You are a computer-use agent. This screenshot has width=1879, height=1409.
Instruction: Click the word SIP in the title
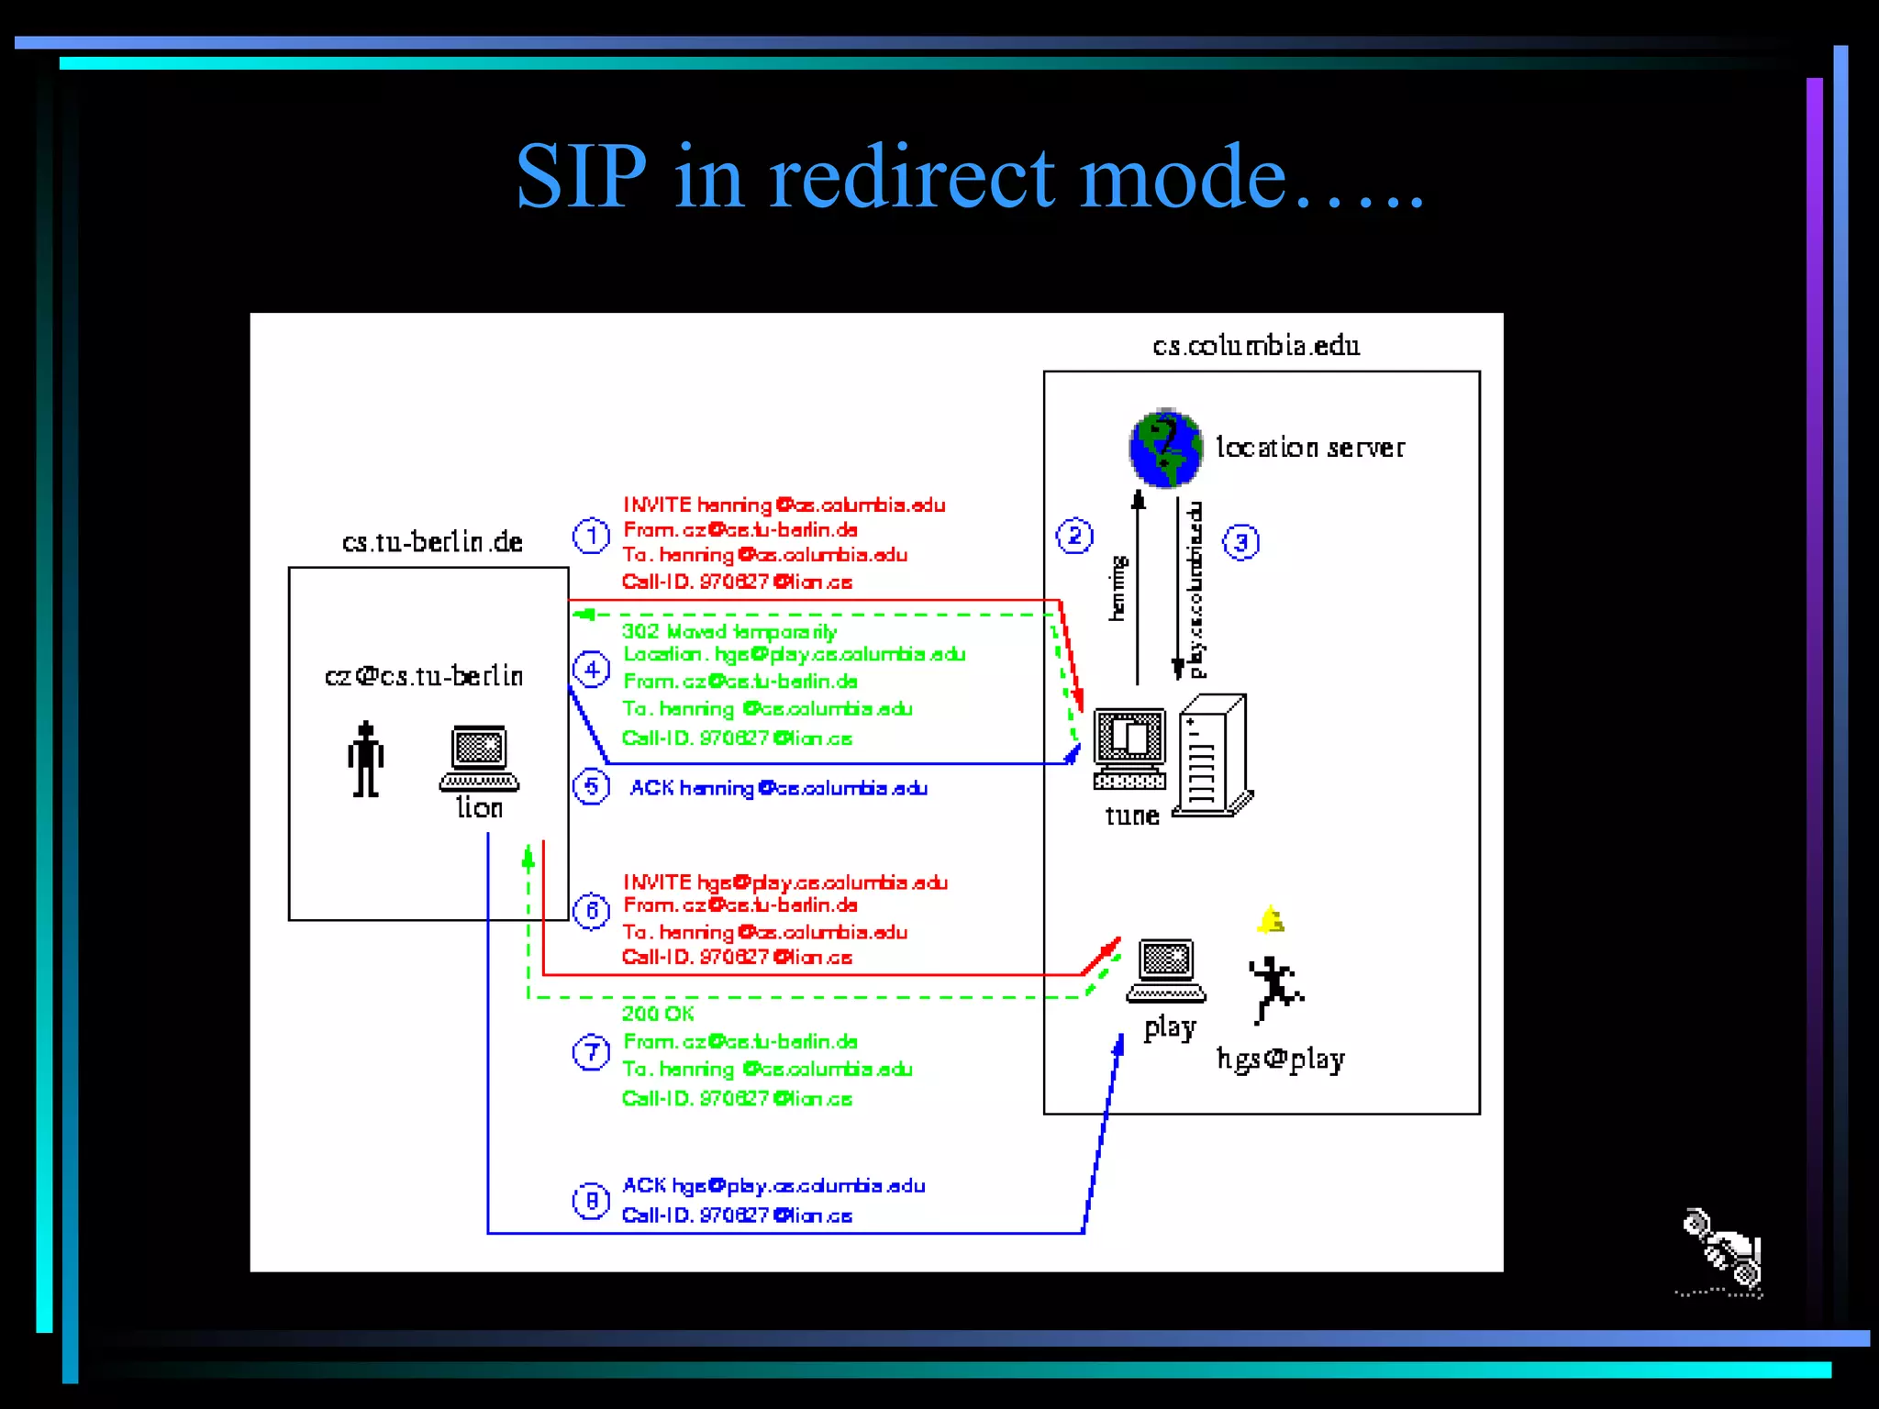point(582,176)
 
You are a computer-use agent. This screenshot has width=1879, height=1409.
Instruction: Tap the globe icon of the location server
point(1165,449)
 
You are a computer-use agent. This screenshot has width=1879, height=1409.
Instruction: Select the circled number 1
point(591,536)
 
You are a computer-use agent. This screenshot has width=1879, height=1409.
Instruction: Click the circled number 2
point(1074,536)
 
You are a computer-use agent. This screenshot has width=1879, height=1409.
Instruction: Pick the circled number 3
point(1240,542)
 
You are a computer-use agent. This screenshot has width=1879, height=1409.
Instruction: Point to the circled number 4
point(591,670)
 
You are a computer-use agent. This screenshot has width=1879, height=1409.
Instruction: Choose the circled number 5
point(591,787)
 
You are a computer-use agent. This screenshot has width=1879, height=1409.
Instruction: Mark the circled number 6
point(591,911)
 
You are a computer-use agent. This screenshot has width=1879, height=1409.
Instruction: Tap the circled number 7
point(591,1052)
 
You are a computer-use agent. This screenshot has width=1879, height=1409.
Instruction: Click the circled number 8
point(591,1201)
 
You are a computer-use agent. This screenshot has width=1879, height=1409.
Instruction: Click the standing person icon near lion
point(366,760)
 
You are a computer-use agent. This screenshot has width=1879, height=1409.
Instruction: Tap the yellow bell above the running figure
point(1271,919)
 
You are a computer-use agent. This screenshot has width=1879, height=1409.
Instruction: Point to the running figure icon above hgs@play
point(1274,989)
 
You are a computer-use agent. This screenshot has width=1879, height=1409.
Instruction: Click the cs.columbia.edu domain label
point(1256,346)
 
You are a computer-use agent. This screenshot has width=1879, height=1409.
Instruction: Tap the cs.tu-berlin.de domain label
point(432,542)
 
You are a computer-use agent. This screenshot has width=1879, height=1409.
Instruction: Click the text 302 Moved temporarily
point(729,631)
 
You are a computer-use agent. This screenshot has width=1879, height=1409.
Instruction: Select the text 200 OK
point(658,1014)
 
